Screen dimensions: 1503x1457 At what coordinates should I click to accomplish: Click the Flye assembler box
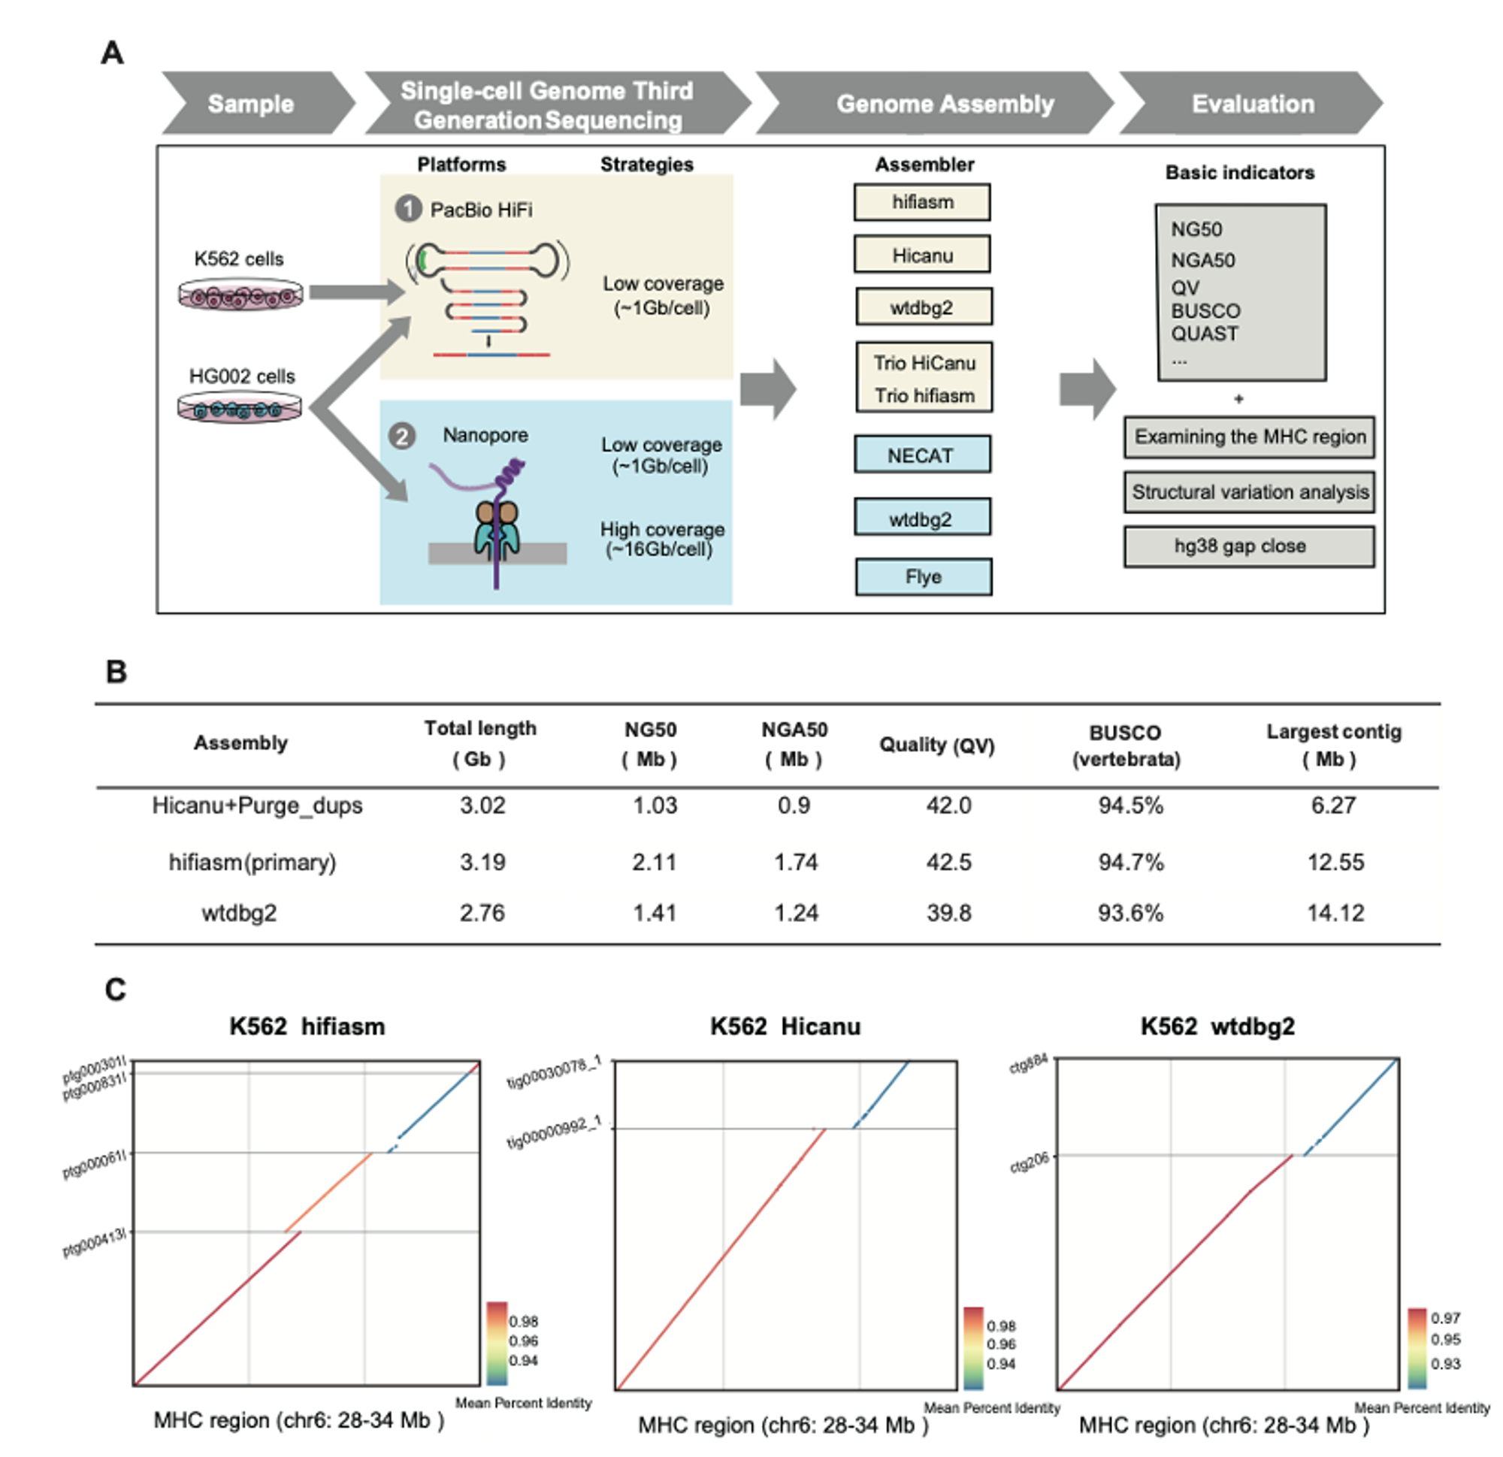[924, 576]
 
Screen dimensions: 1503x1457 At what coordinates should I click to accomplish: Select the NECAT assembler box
[923, 455]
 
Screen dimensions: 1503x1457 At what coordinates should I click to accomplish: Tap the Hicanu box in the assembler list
[922, 255]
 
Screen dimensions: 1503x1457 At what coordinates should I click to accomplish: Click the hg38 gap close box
[1249, 546]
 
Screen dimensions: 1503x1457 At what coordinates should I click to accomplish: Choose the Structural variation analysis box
[1249, 491]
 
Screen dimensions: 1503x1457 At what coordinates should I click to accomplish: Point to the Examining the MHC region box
[1249, 437]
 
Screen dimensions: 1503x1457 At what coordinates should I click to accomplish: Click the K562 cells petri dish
[240, 295]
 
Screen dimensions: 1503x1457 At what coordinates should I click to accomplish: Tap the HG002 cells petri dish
[240, 407]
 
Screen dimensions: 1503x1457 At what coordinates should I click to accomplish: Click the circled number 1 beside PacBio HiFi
[408, 209]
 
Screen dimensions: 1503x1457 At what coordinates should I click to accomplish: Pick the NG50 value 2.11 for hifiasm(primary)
[654, 862]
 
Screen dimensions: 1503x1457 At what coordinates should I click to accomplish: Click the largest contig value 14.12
[1335, 912]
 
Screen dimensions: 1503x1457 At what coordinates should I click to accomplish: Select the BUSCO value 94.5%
[1130, 806]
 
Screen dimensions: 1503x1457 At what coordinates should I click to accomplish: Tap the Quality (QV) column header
[936, 745]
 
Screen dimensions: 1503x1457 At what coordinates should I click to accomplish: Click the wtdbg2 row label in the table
[239, 913]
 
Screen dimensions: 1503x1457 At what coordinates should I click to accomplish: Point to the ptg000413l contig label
[95, 1243]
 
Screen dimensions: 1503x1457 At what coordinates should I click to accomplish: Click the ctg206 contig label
[1029, 1163]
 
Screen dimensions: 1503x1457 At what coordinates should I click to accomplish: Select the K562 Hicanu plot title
[785, 1026]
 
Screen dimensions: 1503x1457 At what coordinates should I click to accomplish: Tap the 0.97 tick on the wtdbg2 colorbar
[1445, 1317]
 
